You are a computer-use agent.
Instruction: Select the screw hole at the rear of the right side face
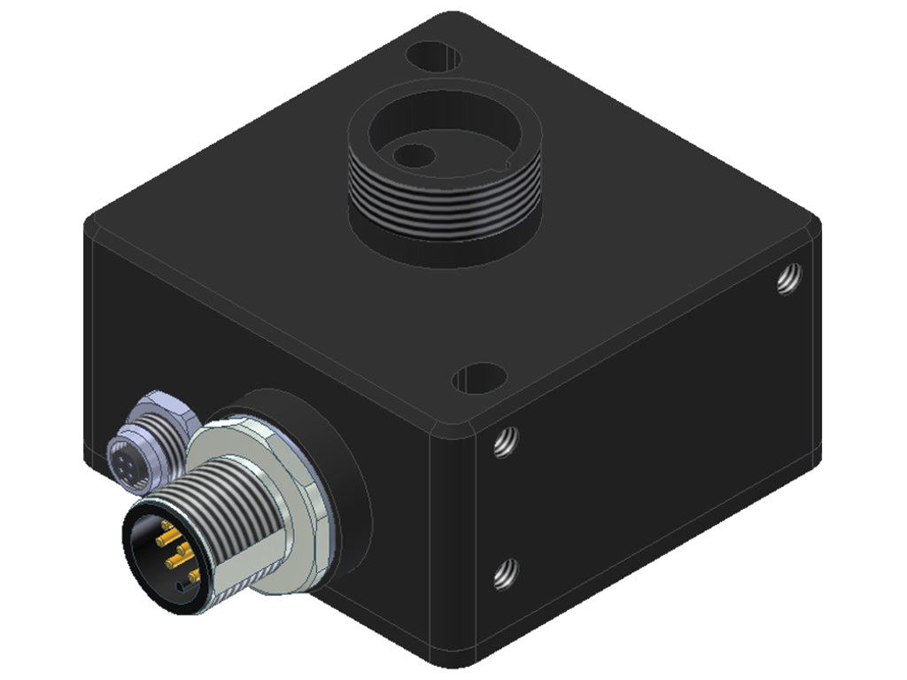tap(790, 278)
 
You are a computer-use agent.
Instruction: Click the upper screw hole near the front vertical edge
tap(505, 441)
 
